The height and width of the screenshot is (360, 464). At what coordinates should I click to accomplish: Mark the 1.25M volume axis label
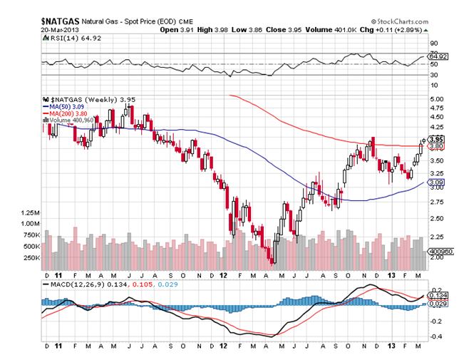31,213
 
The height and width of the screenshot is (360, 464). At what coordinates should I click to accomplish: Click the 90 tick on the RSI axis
431,43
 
